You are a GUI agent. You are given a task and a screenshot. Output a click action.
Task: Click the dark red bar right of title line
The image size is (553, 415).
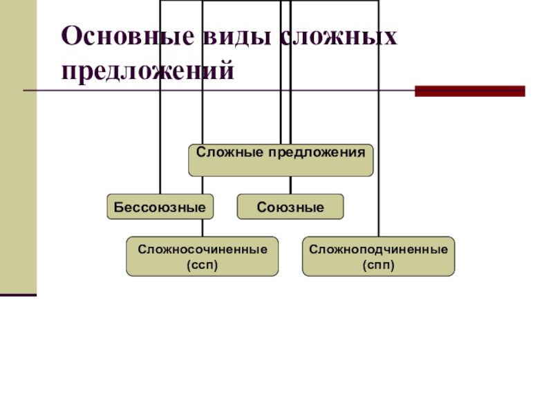[469, 91]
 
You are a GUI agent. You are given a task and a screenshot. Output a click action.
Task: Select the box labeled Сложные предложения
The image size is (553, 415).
[281, 160]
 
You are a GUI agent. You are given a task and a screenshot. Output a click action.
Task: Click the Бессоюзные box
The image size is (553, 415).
[160, 207]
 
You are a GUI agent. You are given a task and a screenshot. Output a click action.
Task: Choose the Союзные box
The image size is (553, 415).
[290, 207]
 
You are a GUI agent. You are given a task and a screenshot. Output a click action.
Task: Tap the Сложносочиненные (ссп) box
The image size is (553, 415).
[202, 256]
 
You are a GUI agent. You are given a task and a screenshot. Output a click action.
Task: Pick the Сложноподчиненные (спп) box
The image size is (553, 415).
[378, 256]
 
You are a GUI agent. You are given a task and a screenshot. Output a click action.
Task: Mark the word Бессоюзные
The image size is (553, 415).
[160, 207]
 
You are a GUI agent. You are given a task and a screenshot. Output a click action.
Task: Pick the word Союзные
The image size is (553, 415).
[290, 207]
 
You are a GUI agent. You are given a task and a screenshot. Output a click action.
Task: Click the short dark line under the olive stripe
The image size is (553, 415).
[18, 295]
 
